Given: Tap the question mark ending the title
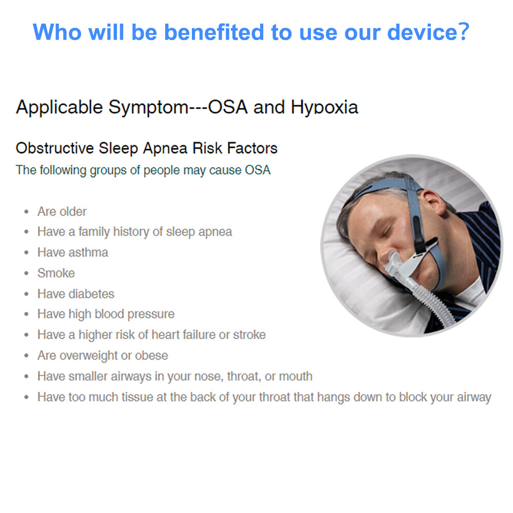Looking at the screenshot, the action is (464, 32).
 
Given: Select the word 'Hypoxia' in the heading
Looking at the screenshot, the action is (324, 108).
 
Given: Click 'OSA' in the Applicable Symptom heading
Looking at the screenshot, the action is (228, 107).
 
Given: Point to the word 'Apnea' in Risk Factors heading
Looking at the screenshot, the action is (165, 148).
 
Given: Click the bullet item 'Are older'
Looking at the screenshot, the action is (62, 212).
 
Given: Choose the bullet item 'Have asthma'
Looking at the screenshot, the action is (73, 252).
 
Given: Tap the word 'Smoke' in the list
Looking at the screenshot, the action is (56, 273).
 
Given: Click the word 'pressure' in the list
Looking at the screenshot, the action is (151, 314).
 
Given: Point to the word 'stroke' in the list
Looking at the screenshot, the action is (249, 334).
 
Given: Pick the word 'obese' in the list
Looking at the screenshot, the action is (151, 356).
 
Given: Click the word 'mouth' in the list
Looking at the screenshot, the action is (296, 376).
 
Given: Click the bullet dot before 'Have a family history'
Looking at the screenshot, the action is (27, 232).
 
